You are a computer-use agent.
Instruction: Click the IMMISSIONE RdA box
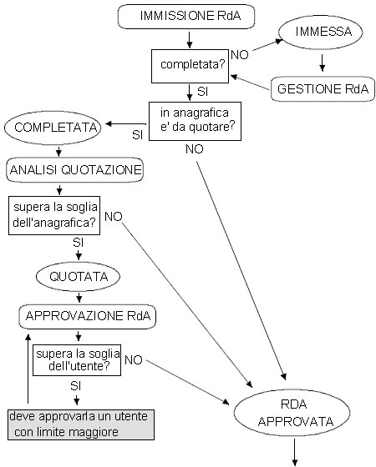point(186,17)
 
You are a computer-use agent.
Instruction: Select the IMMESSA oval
point(321,33)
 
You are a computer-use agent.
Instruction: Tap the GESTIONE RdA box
point(323,89)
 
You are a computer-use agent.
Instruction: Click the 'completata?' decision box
point(191,66)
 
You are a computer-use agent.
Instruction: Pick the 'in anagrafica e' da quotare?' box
point(196,121)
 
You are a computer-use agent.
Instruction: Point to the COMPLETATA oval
point(53,128)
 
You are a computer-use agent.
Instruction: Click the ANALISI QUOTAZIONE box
point(75,170)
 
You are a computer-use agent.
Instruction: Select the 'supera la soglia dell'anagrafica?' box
point(54,215)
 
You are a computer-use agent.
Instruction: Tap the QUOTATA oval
point(78,277)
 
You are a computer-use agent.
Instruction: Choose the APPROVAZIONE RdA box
point(88,317)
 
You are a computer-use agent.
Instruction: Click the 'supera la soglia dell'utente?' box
point(77,360)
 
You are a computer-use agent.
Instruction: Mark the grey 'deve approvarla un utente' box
point(81,424)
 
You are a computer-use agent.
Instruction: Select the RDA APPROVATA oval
point(292,413)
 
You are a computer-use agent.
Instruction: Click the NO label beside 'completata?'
point(240,55)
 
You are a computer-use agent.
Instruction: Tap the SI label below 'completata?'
point(202,92)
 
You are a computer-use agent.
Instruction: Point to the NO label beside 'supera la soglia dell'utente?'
point(134,360)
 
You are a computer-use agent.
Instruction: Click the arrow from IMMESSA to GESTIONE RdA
point(322,63)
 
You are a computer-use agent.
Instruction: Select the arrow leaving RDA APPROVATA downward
point(294,452)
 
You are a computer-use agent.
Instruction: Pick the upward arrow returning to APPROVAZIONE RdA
point(28,369)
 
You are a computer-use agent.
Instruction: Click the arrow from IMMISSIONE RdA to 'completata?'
point(189,40)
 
